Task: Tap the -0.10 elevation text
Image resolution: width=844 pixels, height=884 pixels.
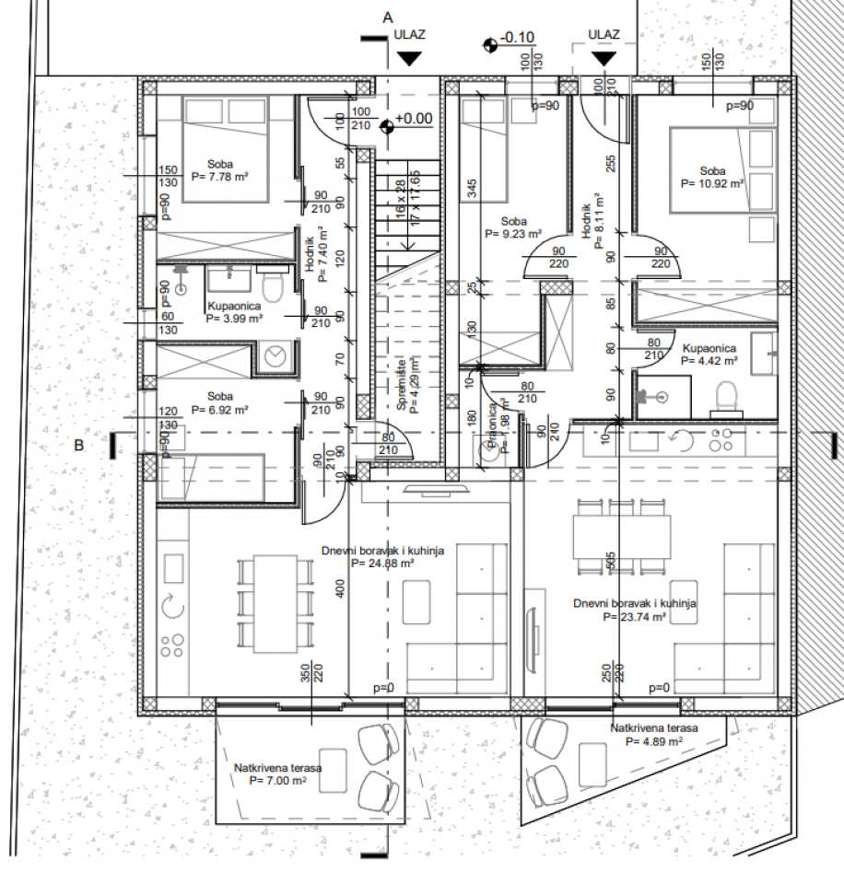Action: [518, 38]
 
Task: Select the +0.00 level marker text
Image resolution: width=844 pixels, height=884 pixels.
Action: [414, 119]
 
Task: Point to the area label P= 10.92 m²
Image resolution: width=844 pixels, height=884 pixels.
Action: [712, 183]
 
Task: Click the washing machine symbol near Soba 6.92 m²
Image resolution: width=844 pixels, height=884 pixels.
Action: [274, 354]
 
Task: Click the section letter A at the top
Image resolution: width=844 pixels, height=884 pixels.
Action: [388, 17]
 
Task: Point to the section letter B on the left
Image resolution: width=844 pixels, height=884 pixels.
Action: [80, 446]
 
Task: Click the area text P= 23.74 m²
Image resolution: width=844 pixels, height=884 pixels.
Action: [634, 618]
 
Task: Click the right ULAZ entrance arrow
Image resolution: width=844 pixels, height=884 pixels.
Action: [604, 58]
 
